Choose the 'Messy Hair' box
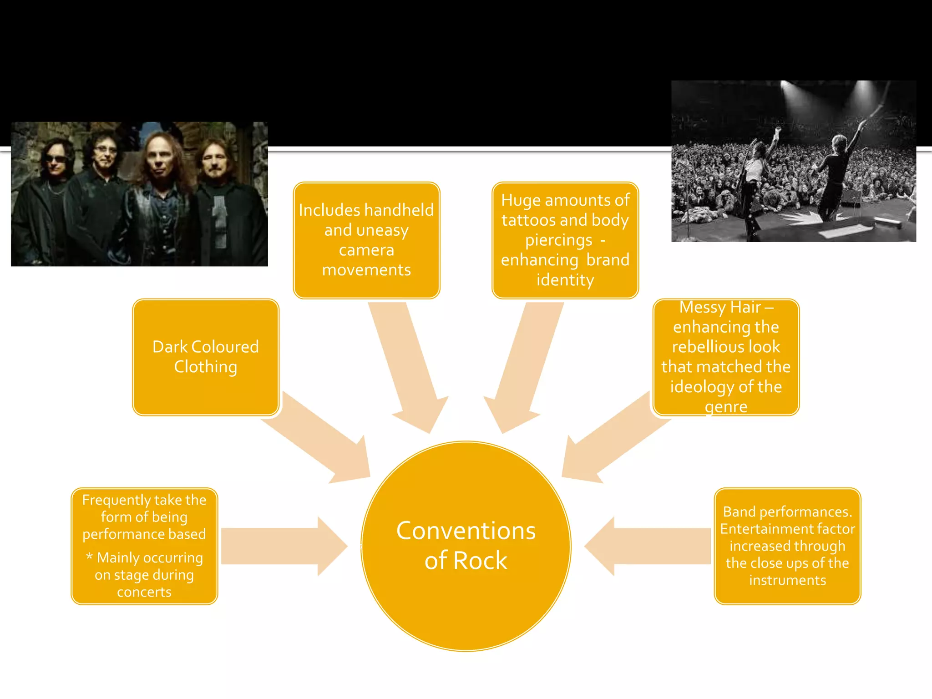coord(726,357)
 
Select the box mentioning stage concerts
coord(144,546)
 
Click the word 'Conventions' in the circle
coord(466,531)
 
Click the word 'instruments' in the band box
coord(787,580)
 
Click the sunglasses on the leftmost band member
coord(56,159)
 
